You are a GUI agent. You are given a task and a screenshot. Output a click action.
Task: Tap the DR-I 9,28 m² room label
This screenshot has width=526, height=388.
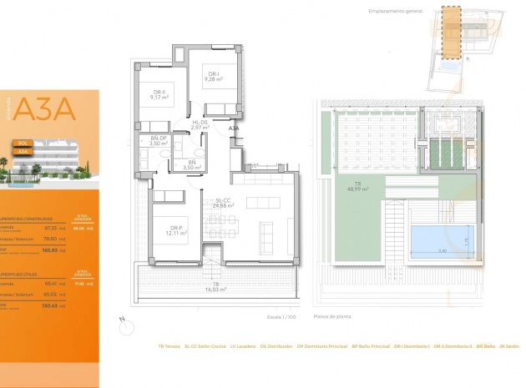(214, 77)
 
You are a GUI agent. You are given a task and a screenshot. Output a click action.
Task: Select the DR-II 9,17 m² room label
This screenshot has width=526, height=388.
(159, 94)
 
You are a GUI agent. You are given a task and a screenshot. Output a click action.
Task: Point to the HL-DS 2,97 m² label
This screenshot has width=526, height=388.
(200, 125)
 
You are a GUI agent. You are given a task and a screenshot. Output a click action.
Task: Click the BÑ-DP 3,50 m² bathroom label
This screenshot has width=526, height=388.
(159, 141)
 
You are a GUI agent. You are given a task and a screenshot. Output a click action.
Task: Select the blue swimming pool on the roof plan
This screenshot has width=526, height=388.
(440, 239)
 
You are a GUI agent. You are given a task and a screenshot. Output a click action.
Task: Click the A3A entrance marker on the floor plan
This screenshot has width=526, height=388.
(235, 129)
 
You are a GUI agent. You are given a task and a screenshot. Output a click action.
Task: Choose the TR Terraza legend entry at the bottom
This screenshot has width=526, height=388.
(169, 346)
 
